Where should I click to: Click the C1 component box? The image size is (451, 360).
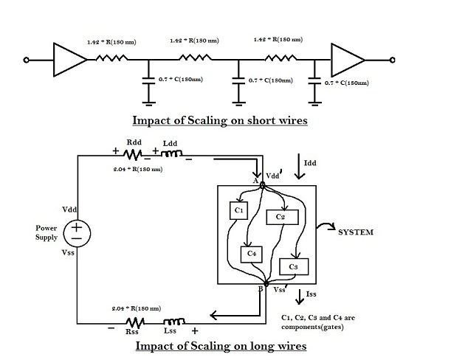[239, 211]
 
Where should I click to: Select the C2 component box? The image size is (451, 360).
[281, 217]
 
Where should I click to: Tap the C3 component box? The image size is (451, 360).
[294, 265]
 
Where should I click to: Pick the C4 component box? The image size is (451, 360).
[252, 254]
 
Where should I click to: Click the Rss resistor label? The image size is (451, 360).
[132, 333]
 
